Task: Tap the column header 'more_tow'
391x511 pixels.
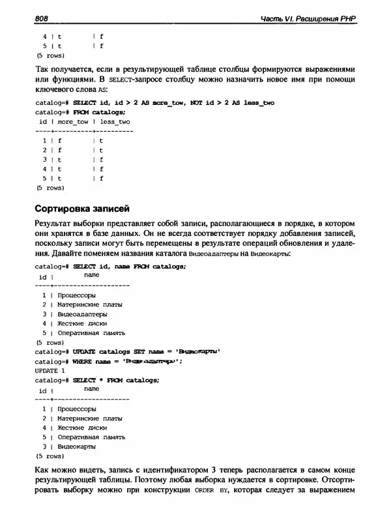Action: (72, 121)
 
